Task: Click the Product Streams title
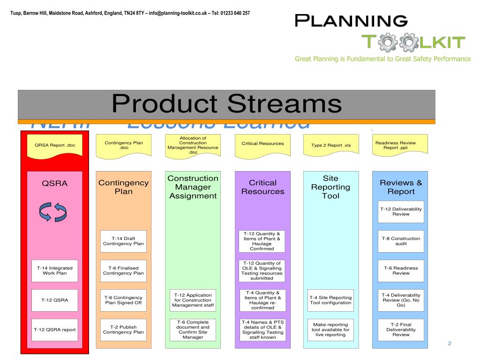226,104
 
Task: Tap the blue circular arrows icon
53,212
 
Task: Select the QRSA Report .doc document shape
55,145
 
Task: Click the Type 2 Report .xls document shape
331,145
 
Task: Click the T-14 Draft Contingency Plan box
123,241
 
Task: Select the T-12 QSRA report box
55,330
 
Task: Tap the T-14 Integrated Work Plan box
55,270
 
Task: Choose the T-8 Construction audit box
401,241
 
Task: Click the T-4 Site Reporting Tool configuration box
330,300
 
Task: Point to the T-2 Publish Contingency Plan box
123,330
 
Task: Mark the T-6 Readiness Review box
401,270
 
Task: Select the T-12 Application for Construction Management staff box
193,300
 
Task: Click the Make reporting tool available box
330,330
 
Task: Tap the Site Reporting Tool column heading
330,187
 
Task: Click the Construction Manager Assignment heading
193,187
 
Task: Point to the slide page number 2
449,344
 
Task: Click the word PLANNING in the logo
351,21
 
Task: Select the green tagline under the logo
382,59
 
